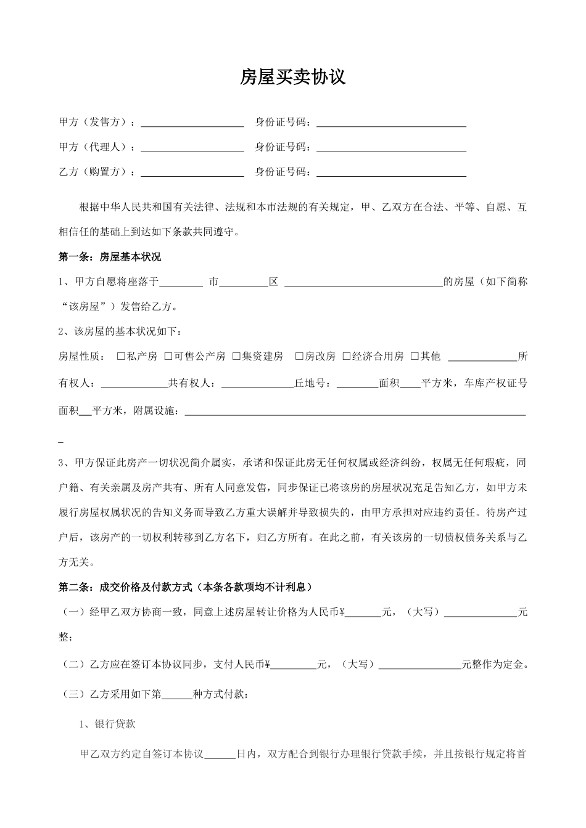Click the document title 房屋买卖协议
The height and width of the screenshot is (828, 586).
(292, 77)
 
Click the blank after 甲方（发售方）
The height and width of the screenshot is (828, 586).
(192, 123)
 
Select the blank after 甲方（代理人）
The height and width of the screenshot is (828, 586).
(192, 148)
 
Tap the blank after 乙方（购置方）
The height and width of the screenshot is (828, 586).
(192, 172)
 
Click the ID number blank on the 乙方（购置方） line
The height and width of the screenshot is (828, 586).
(391, 172)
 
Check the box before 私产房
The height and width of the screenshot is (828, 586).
(121, 356)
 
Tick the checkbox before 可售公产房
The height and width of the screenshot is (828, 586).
(168, 356)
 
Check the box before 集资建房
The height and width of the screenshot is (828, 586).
(237, 356)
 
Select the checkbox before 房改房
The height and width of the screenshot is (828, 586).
(299, 356)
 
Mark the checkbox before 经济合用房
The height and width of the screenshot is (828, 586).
(347, 356)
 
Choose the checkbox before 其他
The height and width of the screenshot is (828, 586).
(415, 356)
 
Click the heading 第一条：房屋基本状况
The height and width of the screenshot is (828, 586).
(109, 256)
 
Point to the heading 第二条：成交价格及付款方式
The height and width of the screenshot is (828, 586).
(185, 587)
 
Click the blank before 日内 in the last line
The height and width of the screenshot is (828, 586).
(220, 754)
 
